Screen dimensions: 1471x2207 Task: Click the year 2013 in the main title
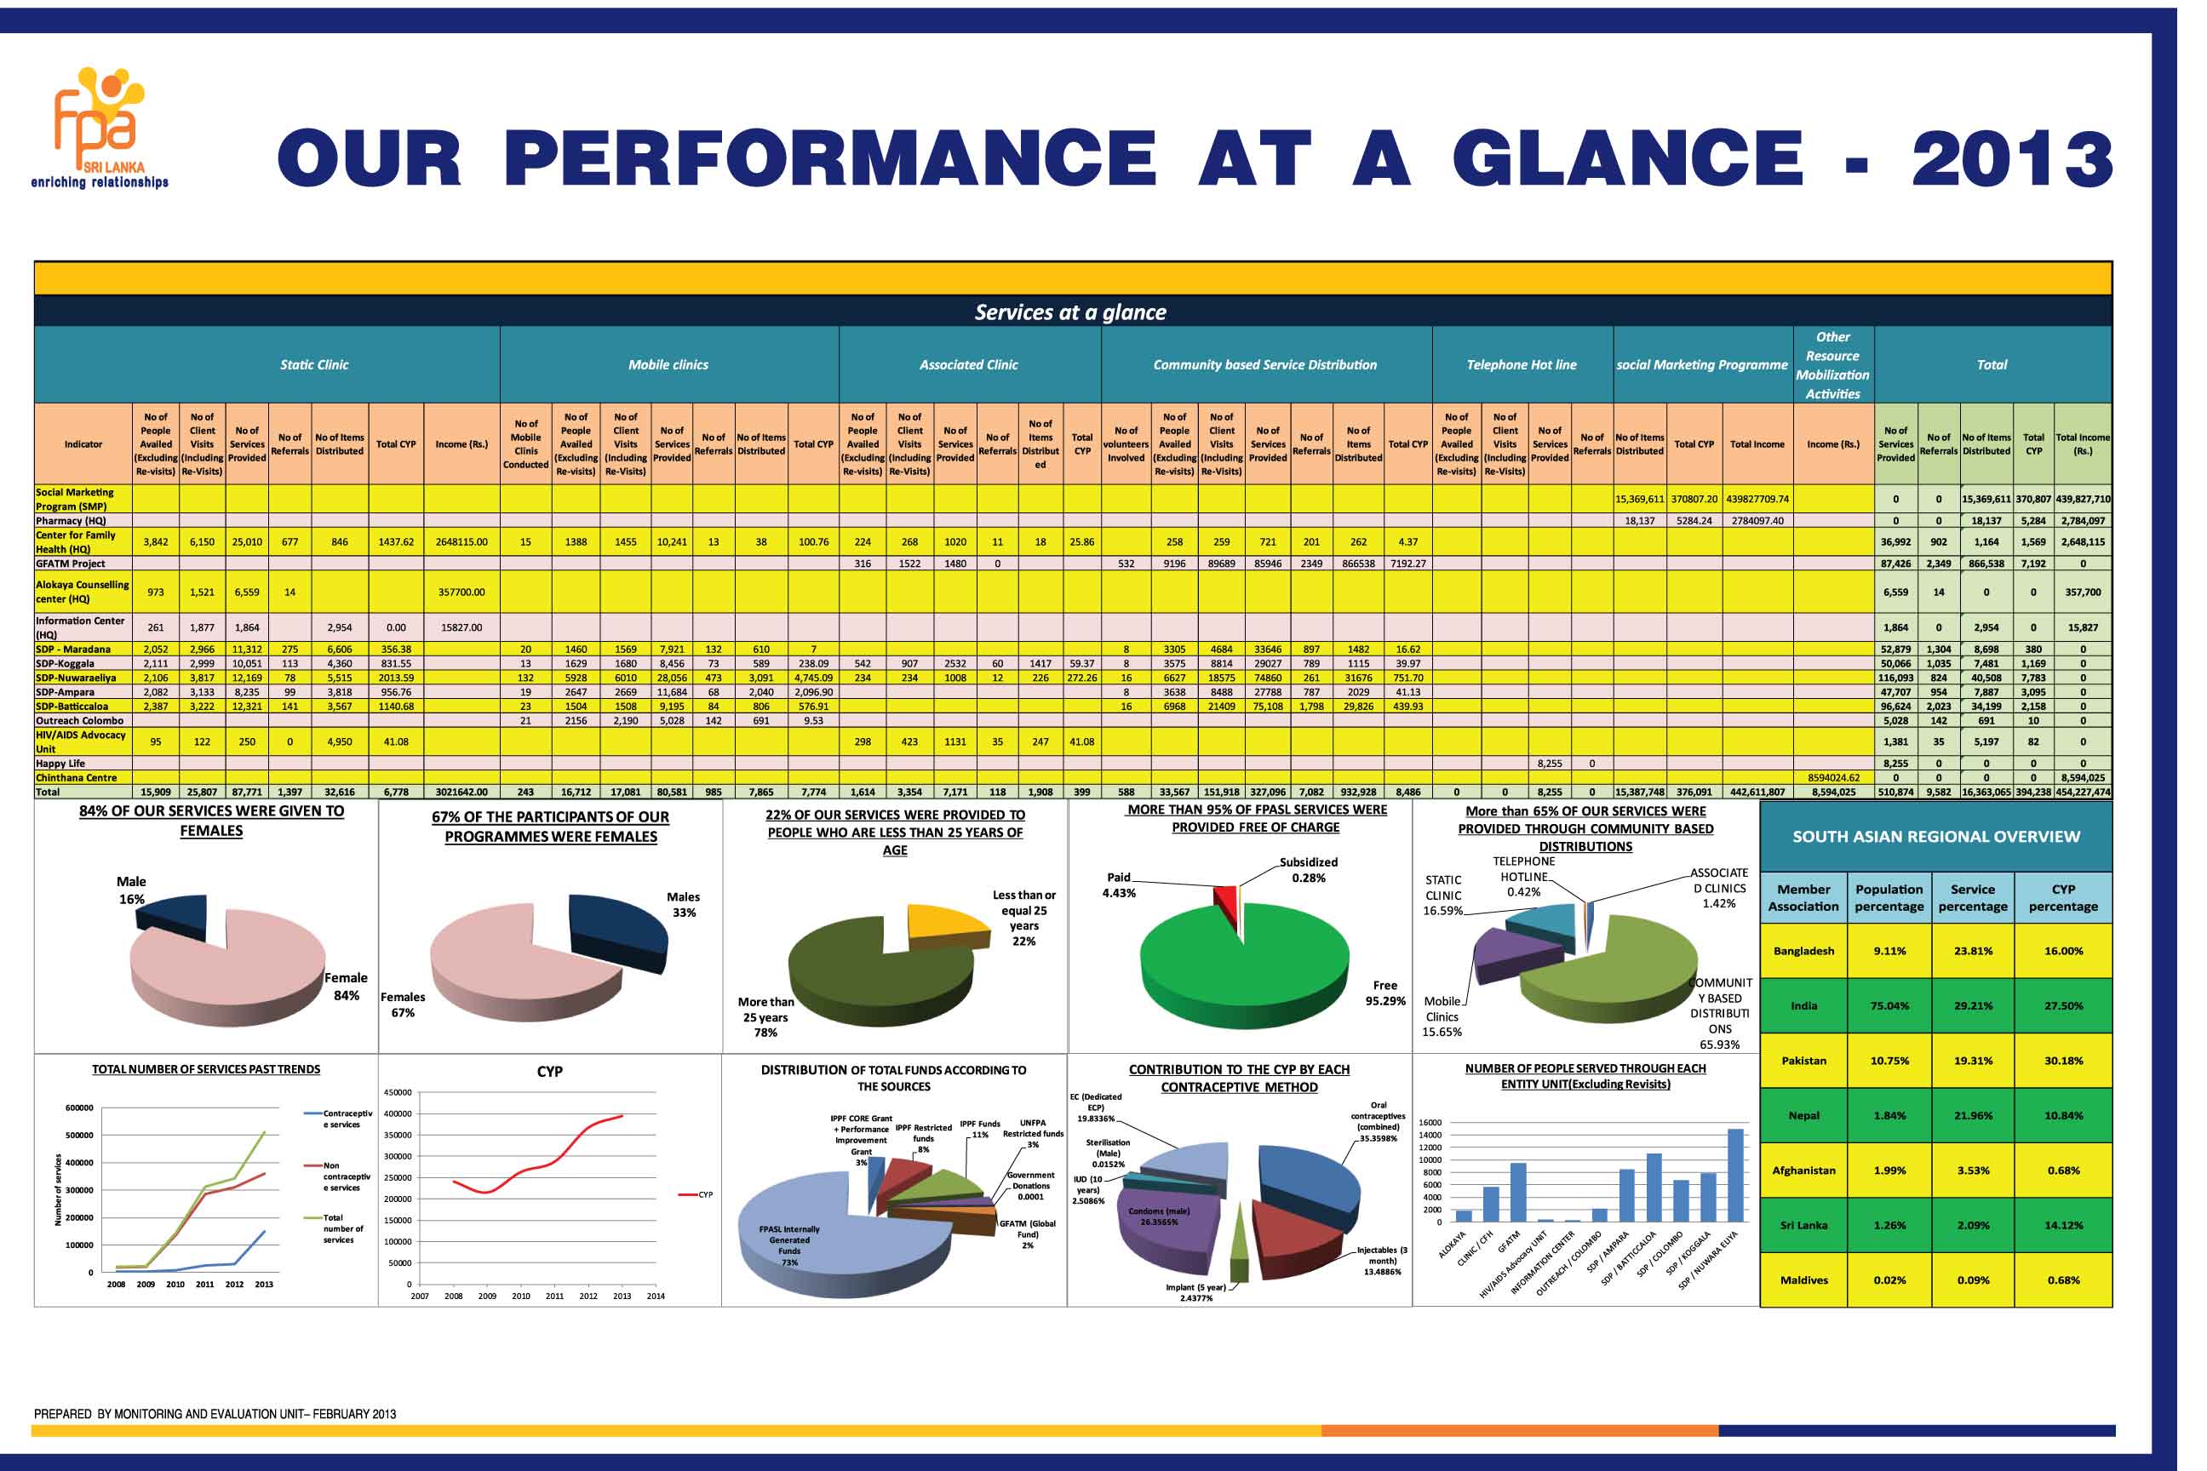pyautogui.click(x=2011, y=157)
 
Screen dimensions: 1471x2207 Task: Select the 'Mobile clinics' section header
pyautogui.click(x=668, y=365)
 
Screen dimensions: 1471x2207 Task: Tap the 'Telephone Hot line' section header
pyautogui.click(x=1521, y=365)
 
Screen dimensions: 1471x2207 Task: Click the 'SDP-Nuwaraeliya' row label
pyautogui.click(x=76, y=678)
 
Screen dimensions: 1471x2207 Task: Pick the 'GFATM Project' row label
pyautogui.click(x=71, y=564)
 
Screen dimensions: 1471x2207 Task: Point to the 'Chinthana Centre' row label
pyautogui.click(x=76, y=778)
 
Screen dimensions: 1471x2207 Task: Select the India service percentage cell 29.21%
pyautogui.click(x=1972, y=1005)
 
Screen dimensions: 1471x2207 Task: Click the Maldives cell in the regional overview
pyautogui.click(x=1803, y=1279)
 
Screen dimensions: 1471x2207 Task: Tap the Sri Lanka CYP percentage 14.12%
pyautogui.click(x=2062, y=1225)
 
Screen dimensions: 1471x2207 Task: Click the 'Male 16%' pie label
pyautogui.click(x=131, y=890)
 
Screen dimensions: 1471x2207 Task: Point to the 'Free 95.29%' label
pyautogui.click(x=1385, y=993)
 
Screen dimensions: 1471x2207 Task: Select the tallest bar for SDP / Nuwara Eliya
pyautogui.click(x=1735, y=1175)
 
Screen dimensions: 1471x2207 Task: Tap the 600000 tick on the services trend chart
pyautogui.click(x=79, y=1108)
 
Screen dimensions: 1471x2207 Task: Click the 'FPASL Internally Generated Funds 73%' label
pyautogui.click(x=789, y=1245)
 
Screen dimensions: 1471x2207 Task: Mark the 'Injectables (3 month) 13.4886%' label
pyautogui.click(x=1381, y=1260)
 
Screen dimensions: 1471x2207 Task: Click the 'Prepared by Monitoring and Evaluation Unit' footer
pyautogui.click(x=215, y=1414)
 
